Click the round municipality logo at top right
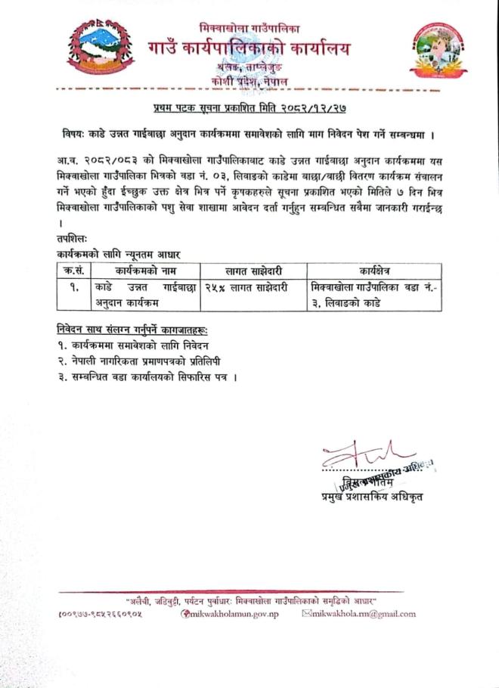[x=437, y=51]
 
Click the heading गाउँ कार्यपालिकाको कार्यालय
[x=250, y=49]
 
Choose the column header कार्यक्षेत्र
[x=370, y=271]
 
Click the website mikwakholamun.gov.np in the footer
[x=230, y=614]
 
